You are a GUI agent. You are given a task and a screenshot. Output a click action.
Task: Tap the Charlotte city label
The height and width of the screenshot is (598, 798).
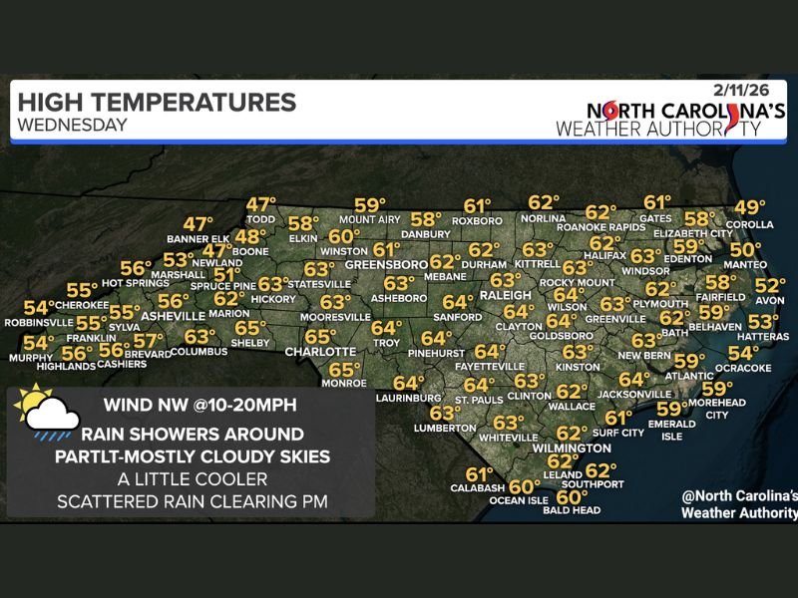point(320,352)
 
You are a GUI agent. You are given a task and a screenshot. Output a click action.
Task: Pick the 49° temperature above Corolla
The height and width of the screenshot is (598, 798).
point(749,208)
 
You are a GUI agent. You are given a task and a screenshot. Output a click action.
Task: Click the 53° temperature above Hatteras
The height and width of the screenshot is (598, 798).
point(763,322)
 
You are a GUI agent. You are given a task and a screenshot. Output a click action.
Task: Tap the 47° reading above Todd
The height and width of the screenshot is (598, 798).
point(261,204)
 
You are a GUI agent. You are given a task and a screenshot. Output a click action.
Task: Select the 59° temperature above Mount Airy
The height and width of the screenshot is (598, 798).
point(369,205)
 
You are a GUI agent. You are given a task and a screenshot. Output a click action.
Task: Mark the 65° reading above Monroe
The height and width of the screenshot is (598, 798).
point(344,369)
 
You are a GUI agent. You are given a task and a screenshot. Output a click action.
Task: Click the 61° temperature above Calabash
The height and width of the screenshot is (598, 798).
point(480,474)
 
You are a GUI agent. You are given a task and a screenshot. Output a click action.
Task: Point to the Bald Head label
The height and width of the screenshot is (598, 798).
point(573,511)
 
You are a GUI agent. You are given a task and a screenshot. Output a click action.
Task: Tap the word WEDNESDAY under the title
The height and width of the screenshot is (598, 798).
point(72,125)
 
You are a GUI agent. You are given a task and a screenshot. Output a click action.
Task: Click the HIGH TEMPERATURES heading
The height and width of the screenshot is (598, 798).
point(157,102)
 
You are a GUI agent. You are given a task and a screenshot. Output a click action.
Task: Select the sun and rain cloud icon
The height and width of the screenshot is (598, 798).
point(44,412)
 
